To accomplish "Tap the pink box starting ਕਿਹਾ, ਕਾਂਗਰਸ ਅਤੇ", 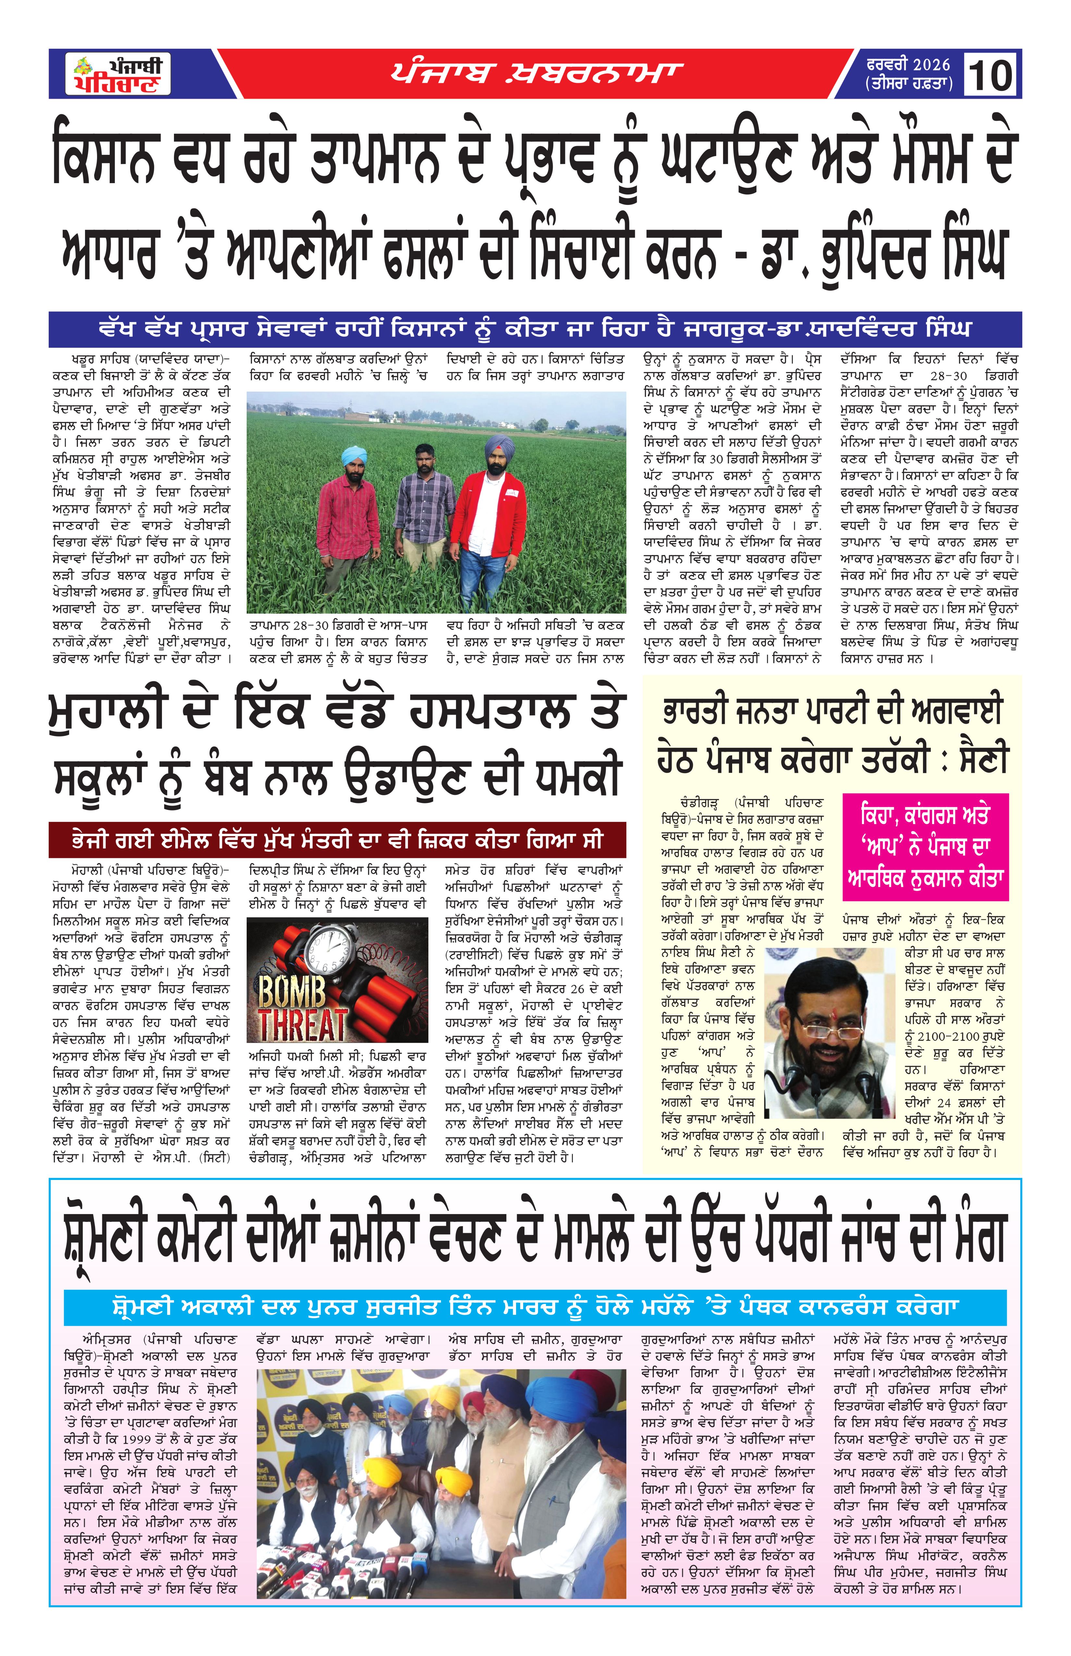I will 924,846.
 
